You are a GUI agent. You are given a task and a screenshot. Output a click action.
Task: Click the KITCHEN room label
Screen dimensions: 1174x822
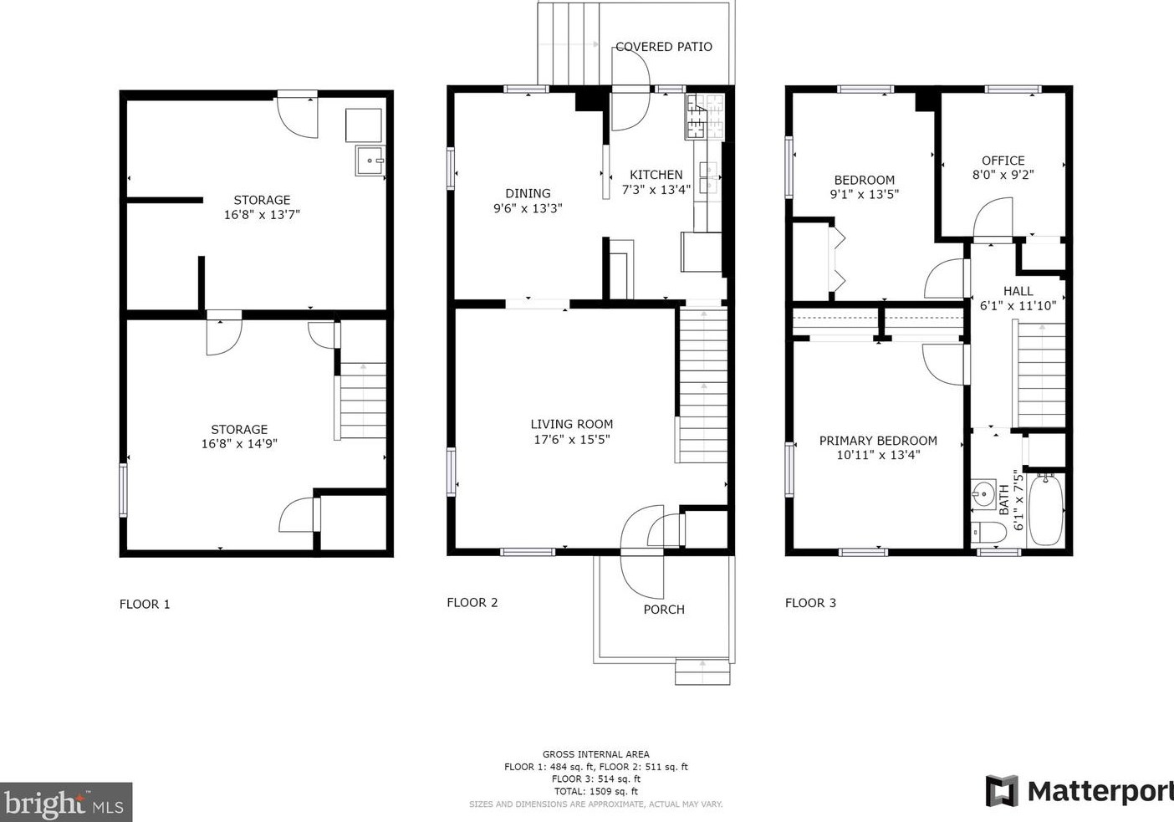pyautogui.click(x=656, y=175)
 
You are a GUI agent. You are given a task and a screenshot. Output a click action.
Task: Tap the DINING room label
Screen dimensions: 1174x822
pyautogui.click(x=528, y=193)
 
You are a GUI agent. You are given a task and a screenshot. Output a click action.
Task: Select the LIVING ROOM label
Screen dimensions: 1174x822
pyautogui.click(x=572, y=424)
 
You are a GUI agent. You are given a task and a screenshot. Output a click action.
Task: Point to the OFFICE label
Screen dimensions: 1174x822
pyautogui.click(x=1003, y=161)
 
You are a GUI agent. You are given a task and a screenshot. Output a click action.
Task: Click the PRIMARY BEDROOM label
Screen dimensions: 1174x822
pyautogui.click(x=878, y=441)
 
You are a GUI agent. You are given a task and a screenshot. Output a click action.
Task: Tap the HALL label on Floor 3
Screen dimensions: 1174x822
pyautogui.click(x=1018, y=291)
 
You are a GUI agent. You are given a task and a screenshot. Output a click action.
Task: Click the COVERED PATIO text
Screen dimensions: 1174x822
pyautogui.click(x=664, y=47)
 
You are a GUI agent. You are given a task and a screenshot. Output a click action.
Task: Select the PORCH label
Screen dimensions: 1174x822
pyautogui.click(x=664, y=609)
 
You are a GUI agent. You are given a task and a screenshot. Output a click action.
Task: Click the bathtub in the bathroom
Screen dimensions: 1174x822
pyautogui.click(x=1045, y=509)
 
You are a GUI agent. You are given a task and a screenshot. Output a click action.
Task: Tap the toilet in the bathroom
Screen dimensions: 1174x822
pyautogui.click(x=988, y=534)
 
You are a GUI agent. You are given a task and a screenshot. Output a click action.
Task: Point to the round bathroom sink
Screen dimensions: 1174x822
pyautogui.click(x=983, y=494)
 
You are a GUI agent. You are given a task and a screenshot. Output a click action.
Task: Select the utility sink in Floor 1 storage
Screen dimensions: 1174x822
pyautogui.click(x=370, y=161)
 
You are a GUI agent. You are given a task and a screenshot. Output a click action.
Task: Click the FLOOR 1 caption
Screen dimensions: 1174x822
pyautogui.click(x=145, y=604)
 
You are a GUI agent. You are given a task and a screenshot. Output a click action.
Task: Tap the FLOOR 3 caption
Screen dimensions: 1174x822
pyautogui.click(x=810, y=603)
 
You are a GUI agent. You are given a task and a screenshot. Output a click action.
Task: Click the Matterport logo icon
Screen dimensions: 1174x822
pyautogui.click(x=1002, y=791)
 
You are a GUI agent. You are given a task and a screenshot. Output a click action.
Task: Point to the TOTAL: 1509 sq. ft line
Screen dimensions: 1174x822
pyautogui.click(x=596, y=792)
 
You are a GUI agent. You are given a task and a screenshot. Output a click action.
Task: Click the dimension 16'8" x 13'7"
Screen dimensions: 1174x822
pyautogui.click(x=262, y=214)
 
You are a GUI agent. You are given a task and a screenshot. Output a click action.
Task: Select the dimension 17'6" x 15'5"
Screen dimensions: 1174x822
pyautogui.click(x=572, y=439)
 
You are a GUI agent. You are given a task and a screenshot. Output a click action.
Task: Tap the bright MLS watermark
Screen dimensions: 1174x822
pyautogui.click(x=65, y=803)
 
